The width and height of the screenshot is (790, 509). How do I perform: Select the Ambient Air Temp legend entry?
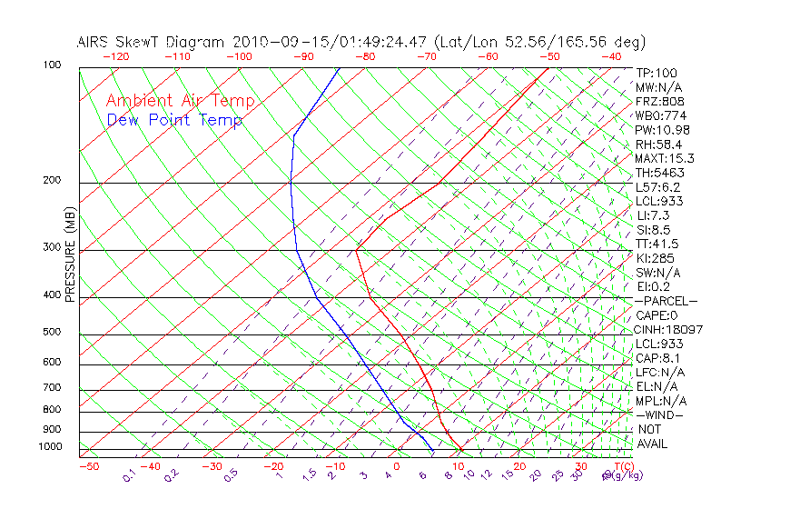point(180,101)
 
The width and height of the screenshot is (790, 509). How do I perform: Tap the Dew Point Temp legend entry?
point(174,120)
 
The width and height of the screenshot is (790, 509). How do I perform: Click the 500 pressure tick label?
point(53,333)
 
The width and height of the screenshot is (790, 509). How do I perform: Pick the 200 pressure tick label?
point(53,181)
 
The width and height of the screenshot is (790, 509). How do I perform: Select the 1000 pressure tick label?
point(50,447)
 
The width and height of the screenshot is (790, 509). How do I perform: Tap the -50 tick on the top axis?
point(550,56)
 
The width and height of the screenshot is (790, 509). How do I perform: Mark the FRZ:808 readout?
point(655,102)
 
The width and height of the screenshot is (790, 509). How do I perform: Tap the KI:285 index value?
point(652,258)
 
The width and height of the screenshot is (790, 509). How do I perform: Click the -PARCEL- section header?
point(666,301)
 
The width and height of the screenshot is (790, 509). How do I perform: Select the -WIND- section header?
point(660,414)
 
